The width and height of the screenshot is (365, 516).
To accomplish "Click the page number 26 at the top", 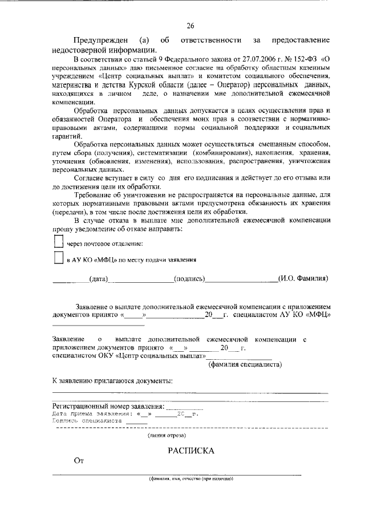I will (x=190, y=26).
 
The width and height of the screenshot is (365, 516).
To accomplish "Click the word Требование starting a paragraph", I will (x=94, y=195).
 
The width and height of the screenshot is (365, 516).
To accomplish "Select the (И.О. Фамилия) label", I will (x=302, y=279).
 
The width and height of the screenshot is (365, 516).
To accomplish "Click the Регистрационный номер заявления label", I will (x=108, y=407).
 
